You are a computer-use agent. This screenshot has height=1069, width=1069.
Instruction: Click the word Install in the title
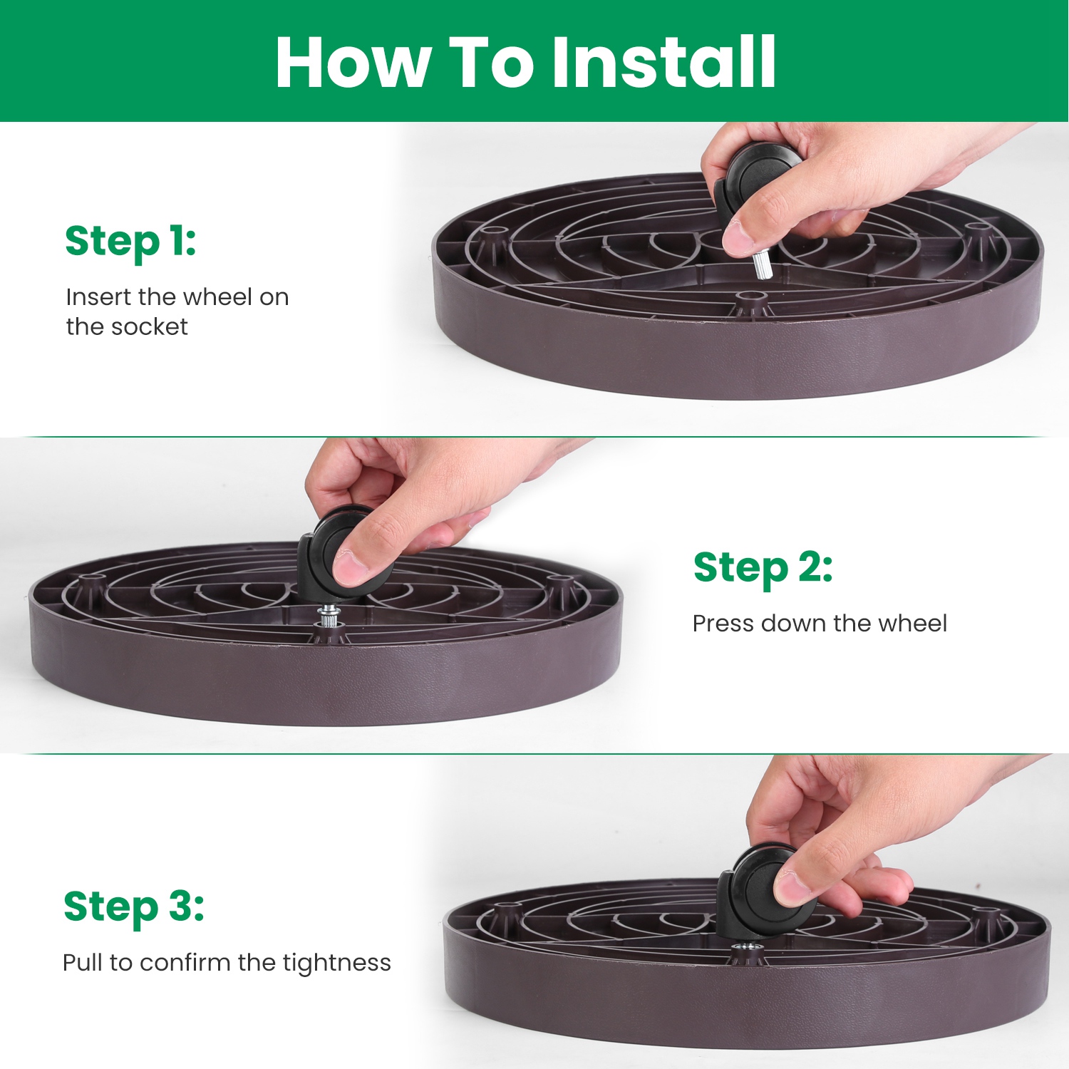click(664, 62)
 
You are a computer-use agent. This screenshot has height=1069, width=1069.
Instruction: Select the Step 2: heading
click(763, 569)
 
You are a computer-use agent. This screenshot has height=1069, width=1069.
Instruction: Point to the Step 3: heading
click(134, 908)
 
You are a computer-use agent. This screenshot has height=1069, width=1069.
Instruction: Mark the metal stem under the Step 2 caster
click(329, 614)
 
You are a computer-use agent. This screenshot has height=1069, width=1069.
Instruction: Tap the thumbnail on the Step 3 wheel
click(792, 887)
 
